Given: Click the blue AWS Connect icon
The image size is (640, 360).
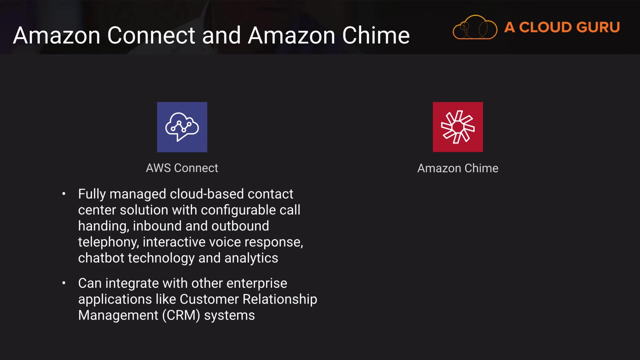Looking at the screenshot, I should pyautogui.click(x=182, y=127).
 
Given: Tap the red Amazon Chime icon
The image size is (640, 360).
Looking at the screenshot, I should pyautogui.click(x=458, y=127).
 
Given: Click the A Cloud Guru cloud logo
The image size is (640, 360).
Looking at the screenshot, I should pyautogui.click(x=475, y=27).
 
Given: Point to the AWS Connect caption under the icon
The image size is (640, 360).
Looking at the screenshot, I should pyautogui.click(x=182, y=168).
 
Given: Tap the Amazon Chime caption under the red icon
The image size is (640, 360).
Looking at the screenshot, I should pyautogui.click(x=458, y=168).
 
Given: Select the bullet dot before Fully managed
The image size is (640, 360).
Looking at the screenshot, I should pyautogui.click(x=64, y=194).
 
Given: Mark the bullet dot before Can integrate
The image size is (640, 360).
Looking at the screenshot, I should pyautogui.click(x=64, y=283).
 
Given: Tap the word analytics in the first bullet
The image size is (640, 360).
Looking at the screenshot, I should pyautogui.click(x=251, y=258).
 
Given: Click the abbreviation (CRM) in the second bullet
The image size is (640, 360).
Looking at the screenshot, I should pyautogui.click(x=181, y=315).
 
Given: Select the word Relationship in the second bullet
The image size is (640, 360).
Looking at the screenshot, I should pyautogui.click(x=280, y=299).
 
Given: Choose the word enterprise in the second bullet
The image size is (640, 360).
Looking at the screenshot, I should pyautogui.click(x=257, y=283).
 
